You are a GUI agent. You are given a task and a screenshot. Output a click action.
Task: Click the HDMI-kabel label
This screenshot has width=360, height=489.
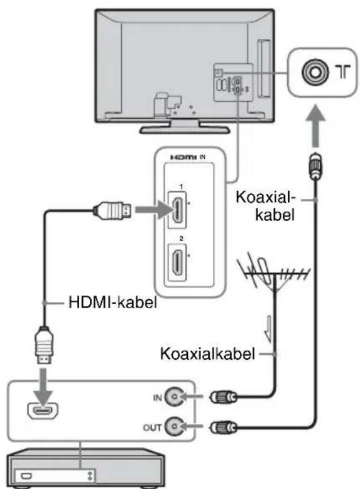tap(112, 302)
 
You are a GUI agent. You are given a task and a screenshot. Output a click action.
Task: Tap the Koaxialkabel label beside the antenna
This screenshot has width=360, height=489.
tap(207, 353)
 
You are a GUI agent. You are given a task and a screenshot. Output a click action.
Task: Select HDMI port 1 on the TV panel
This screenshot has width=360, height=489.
tap(177, 210)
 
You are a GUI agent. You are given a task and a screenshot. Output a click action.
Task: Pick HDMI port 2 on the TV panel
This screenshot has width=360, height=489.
tap(177, 262)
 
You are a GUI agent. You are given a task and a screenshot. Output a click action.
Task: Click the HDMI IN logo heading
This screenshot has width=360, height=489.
tap(187, 157)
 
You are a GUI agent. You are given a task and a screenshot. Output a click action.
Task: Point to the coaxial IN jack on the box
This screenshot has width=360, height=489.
tap(173, 397)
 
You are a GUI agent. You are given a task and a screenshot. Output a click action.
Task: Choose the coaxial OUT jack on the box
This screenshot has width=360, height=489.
tap(173, 426)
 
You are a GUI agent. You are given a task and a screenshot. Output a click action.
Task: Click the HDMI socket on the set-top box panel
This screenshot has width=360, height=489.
tap(43, 411)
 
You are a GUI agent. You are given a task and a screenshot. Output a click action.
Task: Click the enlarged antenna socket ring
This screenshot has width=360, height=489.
tap(315, 72)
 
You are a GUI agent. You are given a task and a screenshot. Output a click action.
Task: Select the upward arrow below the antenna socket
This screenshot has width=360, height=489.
tap(315, 126)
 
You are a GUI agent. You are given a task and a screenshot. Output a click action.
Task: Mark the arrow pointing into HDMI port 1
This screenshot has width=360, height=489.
tap(153, 210)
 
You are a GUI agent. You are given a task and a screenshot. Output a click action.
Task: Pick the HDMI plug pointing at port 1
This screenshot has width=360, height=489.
tap(112, 210)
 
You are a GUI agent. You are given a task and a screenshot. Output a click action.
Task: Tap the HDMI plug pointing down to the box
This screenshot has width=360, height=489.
tap(44, 345)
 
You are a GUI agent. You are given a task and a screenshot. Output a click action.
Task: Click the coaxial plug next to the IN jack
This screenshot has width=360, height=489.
tap(223, 397)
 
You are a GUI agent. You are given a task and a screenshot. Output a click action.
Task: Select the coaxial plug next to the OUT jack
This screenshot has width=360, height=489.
tap(223, 427)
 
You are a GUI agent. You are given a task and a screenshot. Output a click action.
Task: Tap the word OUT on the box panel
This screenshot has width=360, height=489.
tap(153, 427)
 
